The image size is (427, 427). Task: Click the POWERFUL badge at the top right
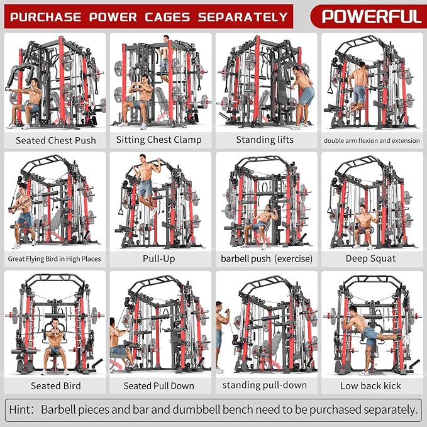371,15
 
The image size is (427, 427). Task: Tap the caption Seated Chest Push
55,140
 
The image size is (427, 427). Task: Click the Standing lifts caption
265,140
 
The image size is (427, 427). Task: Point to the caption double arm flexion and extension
370,140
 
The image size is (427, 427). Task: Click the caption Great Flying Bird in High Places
55,258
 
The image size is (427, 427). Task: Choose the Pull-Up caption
160,258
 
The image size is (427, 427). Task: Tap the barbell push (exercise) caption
265,258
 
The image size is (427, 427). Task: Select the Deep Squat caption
370,258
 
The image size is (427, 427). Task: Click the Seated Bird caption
55,385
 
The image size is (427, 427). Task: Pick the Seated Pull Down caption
160,385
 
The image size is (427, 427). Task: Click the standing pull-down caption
265,385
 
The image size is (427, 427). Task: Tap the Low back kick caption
370,385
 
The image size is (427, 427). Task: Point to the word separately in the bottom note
384,410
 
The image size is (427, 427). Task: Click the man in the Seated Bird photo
55,343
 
